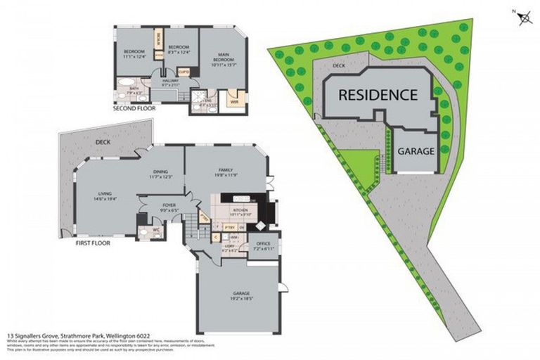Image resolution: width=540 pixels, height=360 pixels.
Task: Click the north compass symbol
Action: [524, 18]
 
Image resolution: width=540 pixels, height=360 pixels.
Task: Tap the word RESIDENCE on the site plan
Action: [378, 94]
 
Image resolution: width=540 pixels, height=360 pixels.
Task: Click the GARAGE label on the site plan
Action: [416, 151]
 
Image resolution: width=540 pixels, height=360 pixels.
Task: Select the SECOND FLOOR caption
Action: [135, 109]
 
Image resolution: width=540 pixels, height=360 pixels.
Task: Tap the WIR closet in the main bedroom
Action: [235, 102]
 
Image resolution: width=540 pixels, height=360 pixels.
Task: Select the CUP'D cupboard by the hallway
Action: [184, 72]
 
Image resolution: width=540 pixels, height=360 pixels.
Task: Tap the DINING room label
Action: [160, 173]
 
